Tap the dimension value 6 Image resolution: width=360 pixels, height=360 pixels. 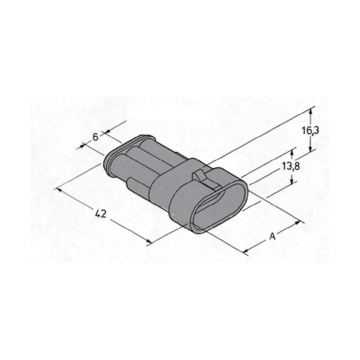pos(95,137)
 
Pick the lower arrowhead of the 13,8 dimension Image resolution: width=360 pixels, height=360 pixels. pos(291,180)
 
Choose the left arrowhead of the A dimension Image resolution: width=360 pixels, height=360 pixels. pos(246,250)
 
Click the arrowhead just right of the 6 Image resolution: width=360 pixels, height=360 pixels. pos(103,134)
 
